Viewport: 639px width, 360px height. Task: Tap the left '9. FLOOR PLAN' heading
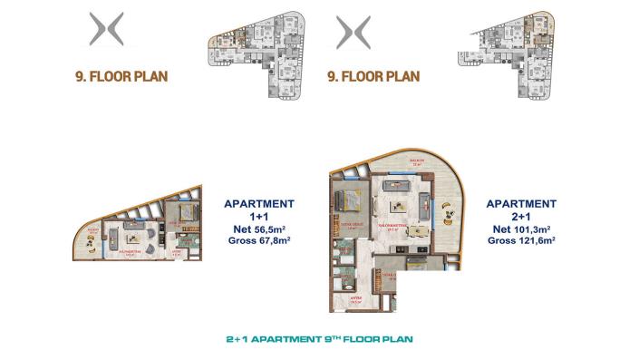(123, 76)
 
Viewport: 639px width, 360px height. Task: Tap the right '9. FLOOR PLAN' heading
(374, 76)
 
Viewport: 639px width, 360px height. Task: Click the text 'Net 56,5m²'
(258, 230)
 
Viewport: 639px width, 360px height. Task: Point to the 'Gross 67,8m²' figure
(258, 242)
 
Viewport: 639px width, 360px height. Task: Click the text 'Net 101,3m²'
(520, 230)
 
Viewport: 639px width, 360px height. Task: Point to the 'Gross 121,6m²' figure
(520, 242)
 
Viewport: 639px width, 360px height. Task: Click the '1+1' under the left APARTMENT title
(258, 218)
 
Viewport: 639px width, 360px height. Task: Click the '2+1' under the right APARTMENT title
(520, 218)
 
